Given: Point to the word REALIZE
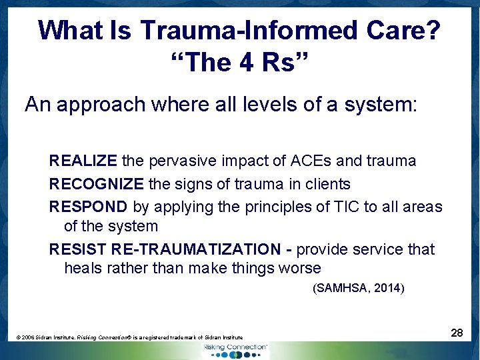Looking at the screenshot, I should pos(83,161).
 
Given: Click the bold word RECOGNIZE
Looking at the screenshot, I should pos(96,183).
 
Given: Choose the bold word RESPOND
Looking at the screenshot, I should pos(88,207).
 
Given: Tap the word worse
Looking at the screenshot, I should pos(299,268).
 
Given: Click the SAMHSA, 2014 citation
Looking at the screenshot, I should pos(358,289).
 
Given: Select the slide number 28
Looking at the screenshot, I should pos(457,332).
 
